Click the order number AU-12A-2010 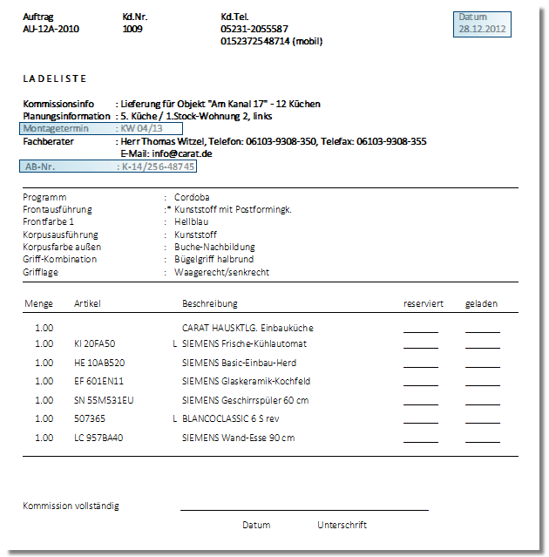point(51,29)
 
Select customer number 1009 point(132,29)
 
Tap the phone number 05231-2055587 point(254,29)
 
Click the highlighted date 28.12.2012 point(482,29)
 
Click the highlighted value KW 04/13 point(145,128)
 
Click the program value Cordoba point(192,197)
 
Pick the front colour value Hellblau point(190,222)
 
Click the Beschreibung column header point(209,304)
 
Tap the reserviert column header point(424,304)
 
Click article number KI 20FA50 point(95,344)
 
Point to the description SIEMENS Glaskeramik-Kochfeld point(246,382)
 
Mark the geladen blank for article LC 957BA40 point(483,438)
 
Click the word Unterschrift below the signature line point(342,525)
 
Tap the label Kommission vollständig point(71,506)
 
